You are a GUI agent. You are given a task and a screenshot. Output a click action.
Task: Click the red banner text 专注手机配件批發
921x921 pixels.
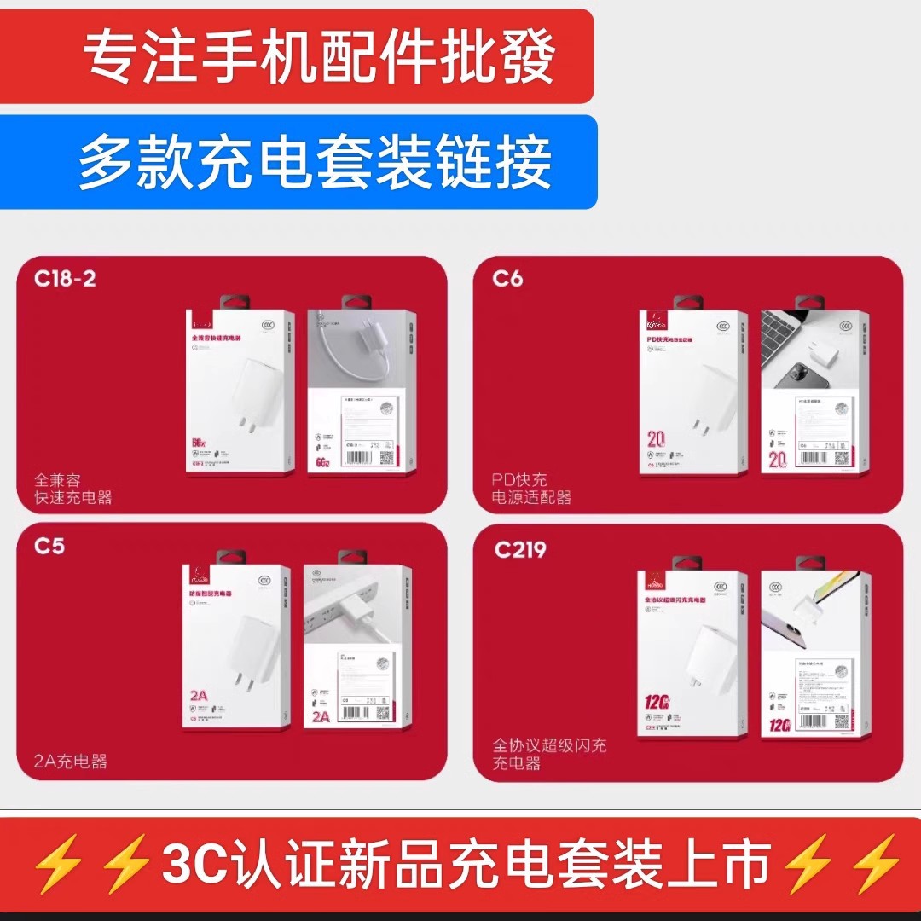pos(319,58)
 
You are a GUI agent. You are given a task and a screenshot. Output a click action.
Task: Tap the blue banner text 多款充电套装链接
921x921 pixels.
pos(316,162)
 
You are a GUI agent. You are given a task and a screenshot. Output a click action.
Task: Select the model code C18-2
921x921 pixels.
pos(65,279)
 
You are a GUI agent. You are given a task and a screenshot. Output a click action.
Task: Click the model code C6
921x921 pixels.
pos(507,279)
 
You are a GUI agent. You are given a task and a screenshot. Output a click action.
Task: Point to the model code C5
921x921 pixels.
pos(49,546)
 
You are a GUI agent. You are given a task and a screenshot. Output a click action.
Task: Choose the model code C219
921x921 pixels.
pos(520,550)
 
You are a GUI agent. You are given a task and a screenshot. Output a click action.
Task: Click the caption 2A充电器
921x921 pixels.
pos(71,762)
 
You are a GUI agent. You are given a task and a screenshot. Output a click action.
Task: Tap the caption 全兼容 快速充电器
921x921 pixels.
pos(72,489)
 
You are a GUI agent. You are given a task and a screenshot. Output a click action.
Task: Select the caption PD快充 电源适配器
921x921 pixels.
pos(531,489)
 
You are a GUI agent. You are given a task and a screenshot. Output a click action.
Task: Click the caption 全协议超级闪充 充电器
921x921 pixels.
pos(549,754)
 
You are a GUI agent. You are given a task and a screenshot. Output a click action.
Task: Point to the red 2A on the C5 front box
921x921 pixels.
pos(199,696)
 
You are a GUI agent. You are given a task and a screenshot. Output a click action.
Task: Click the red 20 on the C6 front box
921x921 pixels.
pos(656,440)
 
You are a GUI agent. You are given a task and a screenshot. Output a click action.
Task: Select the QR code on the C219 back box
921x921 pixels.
pos(842,723)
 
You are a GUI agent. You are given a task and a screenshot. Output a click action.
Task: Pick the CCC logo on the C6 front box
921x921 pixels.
pos(727,324)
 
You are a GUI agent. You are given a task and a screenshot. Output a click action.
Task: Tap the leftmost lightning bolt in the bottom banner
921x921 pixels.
pos(58,864)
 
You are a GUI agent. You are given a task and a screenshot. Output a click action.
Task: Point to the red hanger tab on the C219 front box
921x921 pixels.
pos(687,563)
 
